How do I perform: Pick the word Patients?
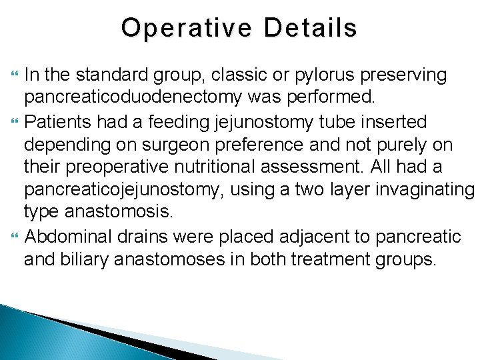click(x=59, y=122)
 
